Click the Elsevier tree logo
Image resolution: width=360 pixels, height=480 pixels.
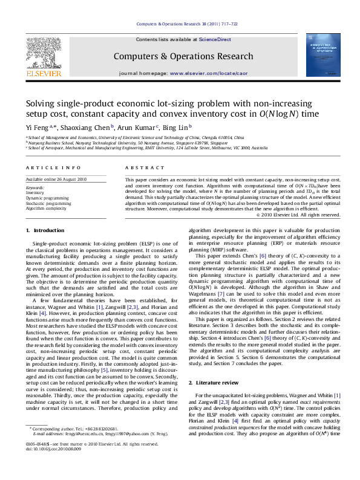tap(43, 51)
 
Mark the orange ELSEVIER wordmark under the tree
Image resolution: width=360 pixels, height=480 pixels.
tap(43, 73)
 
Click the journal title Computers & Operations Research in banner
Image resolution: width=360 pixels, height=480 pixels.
tap(183, 57)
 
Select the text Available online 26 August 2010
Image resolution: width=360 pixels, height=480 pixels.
tap(56, 180)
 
